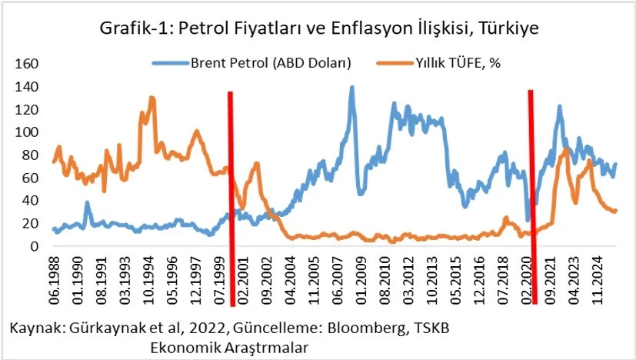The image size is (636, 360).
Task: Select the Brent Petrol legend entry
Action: point(269,63)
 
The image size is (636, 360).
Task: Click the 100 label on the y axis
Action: point(25,132)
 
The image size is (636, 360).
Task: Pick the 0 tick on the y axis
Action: point(34,246)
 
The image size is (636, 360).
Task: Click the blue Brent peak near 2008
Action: point(351,88)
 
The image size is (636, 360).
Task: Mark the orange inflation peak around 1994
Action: point(152,98)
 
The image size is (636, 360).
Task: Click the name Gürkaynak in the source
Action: point(103,328)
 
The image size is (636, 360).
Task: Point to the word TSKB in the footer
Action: point(431,328)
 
